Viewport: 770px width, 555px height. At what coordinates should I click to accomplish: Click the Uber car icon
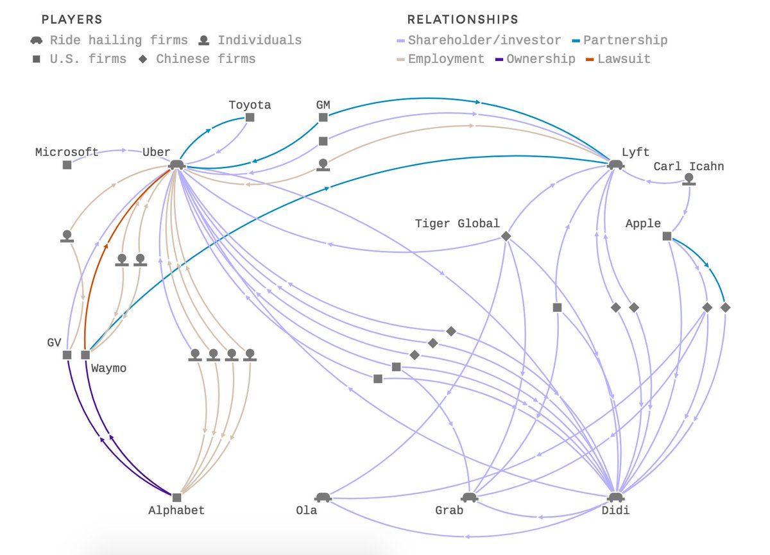click(x=176, y=165)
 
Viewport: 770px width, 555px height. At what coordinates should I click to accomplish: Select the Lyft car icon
click(x=615, y=165)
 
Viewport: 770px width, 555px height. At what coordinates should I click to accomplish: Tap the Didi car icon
click(x=615, y=497)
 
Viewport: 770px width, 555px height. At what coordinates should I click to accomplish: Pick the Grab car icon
click(x=470, y=497)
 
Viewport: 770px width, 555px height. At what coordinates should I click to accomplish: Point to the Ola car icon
click(x=322, y=497)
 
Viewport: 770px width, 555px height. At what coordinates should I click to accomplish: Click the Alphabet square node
click(x=176, y=497)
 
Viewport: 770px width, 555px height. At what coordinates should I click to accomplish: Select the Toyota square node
click(x=250, y=117)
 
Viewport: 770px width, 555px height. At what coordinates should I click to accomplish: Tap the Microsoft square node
click(x=67, y=165)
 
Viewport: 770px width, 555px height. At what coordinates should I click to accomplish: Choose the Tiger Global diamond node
click(x=506, y=237)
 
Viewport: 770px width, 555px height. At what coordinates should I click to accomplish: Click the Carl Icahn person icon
click(x=689, y=179)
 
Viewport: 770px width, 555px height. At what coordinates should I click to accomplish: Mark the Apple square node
click(x=667, y=236)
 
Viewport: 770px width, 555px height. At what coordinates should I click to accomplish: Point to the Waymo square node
click(x=85, y=355)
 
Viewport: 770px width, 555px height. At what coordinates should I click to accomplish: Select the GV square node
click(x=67, y=355)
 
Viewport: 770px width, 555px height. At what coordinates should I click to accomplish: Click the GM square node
click(x=323, y=117)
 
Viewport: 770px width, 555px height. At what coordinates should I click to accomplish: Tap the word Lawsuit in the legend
click(x=624, y=59)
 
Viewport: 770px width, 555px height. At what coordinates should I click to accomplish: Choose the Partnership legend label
click(x=625, y=40)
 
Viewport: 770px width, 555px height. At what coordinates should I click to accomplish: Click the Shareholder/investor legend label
click(x=484, y=40)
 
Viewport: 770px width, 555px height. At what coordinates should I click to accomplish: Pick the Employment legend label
click(x=446, y=59)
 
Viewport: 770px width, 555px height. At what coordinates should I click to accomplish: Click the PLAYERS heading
click(x=71, y=20)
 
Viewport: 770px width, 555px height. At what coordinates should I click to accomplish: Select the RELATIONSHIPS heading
click(x=463, y=20)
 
